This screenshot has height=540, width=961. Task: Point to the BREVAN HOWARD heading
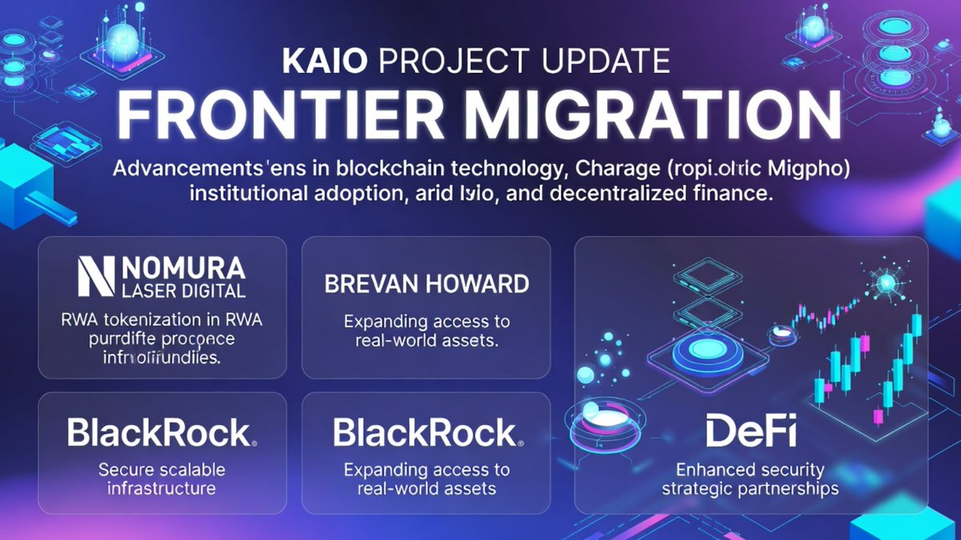point(426,283)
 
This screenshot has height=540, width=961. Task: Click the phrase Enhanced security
point(750,470)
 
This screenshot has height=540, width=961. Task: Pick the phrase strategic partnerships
point(750,488)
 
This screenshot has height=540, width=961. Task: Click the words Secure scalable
point(162,470)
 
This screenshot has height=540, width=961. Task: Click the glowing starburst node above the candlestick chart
point(886,282)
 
